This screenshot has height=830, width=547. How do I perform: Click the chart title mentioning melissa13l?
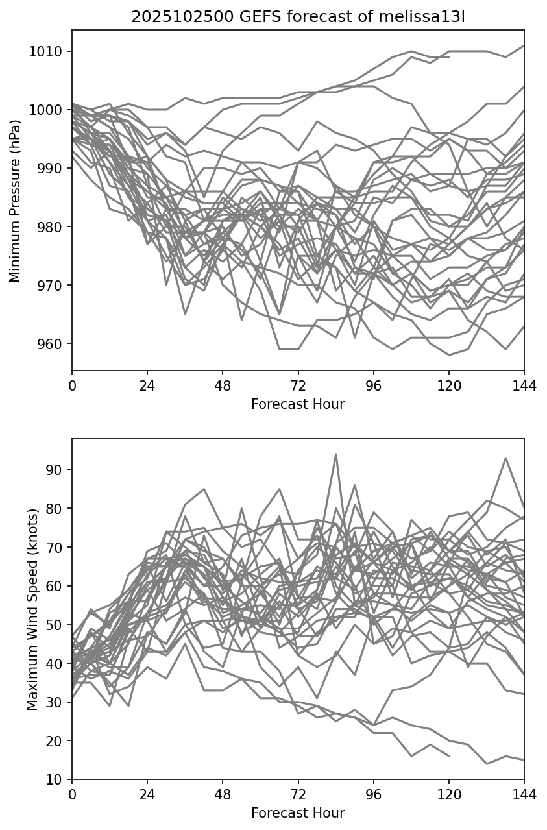pyautogui.click(x=298, y=18)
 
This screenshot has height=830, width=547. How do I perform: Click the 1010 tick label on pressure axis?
pyautogui.click(x=50, y=52)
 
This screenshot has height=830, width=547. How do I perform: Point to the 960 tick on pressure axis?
pyautogui.click(x=50, y=344)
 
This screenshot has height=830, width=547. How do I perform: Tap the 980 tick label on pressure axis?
pyautogui.click(x=50, y=227)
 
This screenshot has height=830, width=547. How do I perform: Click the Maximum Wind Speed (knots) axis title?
pyautogui.click(x=32, y=609)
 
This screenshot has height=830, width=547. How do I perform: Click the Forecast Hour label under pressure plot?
pyautogui.click(x=298, y=404)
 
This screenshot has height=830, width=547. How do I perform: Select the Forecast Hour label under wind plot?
pyautogui.click(x=298, y=813)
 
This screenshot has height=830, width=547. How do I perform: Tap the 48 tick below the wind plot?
pyautogui.click(x=223, y=795)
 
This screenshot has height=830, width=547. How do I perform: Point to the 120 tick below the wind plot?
pyautogui.click(x=449, y=795)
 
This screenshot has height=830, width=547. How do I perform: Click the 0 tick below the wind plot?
pyautogui.click(x=72, y=795)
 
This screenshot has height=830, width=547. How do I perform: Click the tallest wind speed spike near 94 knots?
pyautogui.click(x=335, y=454)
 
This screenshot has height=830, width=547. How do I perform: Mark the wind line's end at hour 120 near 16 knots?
pyautogui.click(x=449, y=756)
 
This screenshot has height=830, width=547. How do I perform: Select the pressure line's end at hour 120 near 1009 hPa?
pyautogui.click(x=449, y=57)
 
